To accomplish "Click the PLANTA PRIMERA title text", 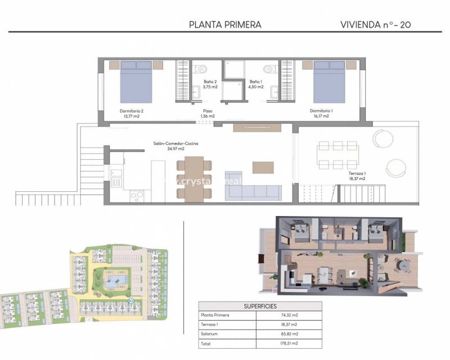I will point(225,24).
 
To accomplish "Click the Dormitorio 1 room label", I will point(321,113).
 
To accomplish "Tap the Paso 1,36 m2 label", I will point(208,113).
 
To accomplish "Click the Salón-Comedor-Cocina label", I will point(176,146).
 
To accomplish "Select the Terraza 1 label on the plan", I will point(356,175).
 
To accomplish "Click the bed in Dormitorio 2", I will point(136,82).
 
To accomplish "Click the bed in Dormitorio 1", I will point(329,82).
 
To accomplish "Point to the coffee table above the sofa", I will point(263,167).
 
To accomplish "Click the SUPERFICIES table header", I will point(260,306).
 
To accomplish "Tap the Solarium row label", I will point(210,334).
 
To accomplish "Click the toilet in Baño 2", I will point(200,69).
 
